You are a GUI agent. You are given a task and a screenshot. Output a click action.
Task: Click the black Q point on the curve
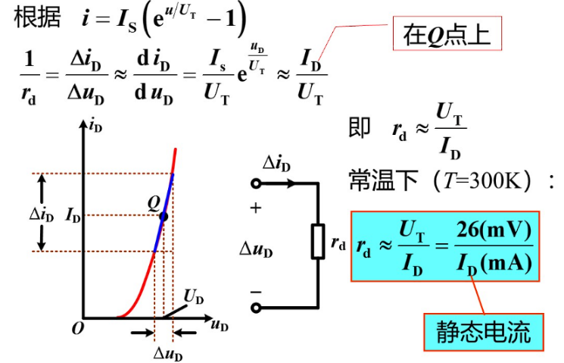pos(164,216)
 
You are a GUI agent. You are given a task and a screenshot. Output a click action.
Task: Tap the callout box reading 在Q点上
pos(447,35)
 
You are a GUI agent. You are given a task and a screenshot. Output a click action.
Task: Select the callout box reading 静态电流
pos(483,331)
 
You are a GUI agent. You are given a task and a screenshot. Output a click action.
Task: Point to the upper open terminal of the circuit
pos(257,183)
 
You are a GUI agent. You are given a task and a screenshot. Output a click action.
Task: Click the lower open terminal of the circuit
pos(257,307)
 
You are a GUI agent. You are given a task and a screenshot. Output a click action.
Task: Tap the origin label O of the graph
pos(76,328)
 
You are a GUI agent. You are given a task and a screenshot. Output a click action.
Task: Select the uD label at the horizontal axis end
pos(220,327)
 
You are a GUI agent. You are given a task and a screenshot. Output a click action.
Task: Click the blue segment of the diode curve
pos(164,215)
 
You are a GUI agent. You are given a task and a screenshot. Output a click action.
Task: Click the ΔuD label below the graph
pos(168,353)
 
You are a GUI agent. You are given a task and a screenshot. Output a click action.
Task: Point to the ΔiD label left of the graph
pos(42,215)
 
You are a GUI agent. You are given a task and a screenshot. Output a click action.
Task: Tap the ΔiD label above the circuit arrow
pos(278,163)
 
